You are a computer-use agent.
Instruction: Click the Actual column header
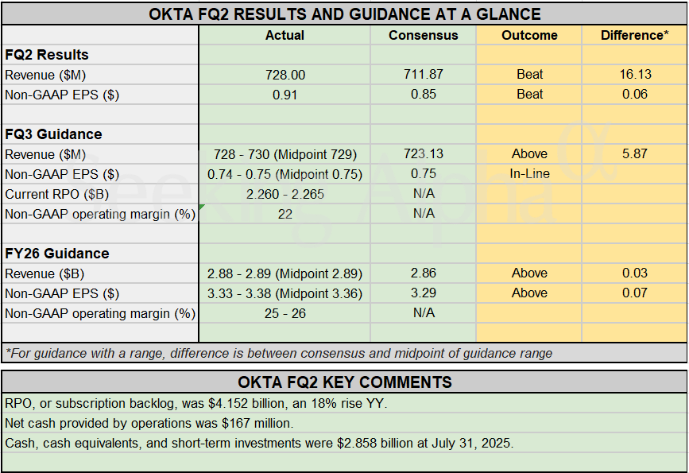pyautogui.click(x=285, y=35)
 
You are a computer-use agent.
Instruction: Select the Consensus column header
pyautogui.click(x=424, y=35)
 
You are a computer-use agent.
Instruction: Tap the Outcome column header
pyautogui.click(x=529, y=35)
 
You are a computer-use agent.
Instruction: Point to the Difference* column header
pyautogui.click(x=634, y=35)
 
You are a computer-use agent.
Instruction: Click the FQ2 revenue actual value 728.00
pyautogui.click(x=285, y=75)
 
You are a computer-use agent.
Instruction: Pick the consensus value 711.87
pyautogui.click(x=424, y=74)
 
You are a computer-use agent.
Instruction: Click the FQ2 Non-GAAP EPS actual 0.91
pyautogui.click(x=285, y=94)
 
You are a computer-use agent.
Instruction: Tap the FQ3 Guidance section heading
pyautogui.click(x=53, y=134)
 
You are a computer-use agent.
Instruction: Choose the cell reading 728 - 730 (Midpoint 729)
pyautogui.click(x=285, y=154)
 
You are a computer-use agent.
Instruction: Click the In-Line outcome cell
pyautogui.click(x=529, y=174)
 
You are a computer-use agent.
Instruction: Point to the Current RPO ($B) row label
pyautogui.click(x=54, y=194)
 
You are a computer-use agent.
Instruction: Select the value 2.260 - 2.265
pyautogui.click(x=285, y=194)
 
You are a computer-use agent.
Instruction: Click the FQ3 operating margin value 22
pyautogui.click(x=285, y=214)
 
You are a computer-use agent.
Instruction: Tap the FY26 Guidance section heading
pyautogui.click(x=56, y=254)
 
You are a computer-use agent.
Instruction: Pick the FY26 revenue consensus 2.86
pyautogui.click(x=424, y=273)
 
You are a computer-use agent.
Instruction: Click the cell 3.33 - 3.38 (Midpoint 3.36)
pyautogui.click(x=285, y=293)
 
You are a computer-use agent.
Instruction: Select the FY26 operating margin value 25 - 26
pyautogui.click(x=285, y=313)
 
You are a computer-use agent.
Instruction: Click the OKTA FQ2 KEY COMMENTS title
pyautogui.click(x=344, y=382)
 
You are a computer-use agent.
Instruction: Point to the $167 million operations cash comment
pyautogui.click(x=149, y=423)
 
